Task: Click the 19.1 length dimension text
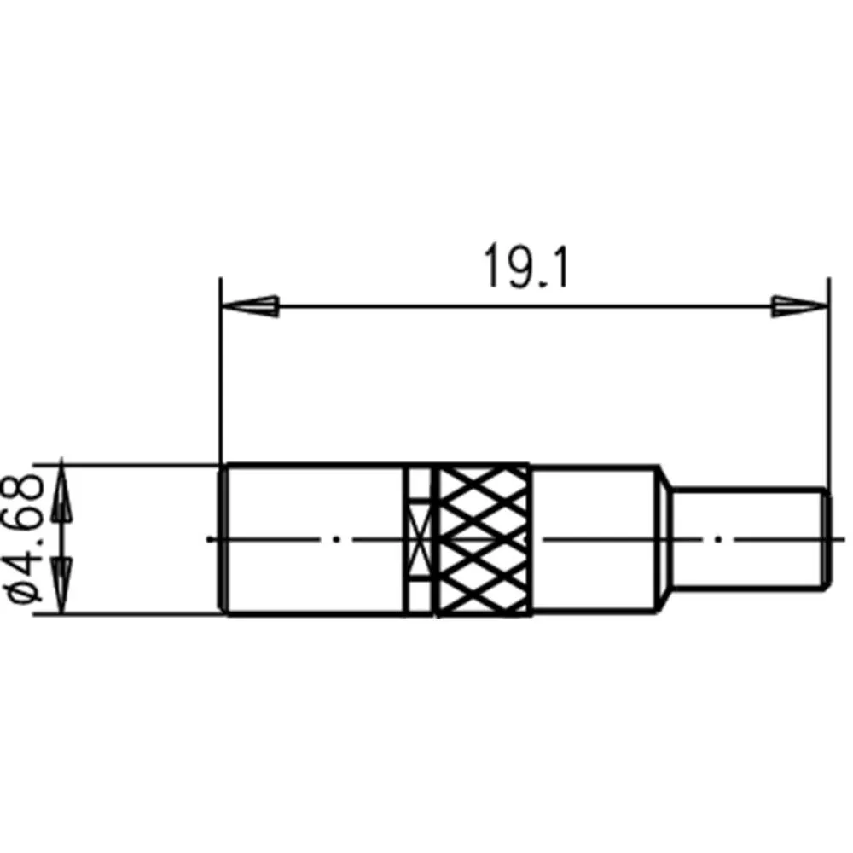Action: (x=525, y=266)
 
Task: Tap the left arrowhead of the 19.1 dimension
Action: (x=250, y=306)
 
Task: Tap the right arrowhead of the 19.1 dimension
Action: (x=800, y=306)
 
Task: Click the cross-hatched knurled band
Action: (x=483, y=540)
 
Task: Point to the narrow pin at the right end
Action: (x=751, y=539)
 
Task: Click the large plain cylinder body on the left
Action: (x=313, y=539)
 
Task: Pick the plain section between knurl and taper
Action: (x=594, y=539)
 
